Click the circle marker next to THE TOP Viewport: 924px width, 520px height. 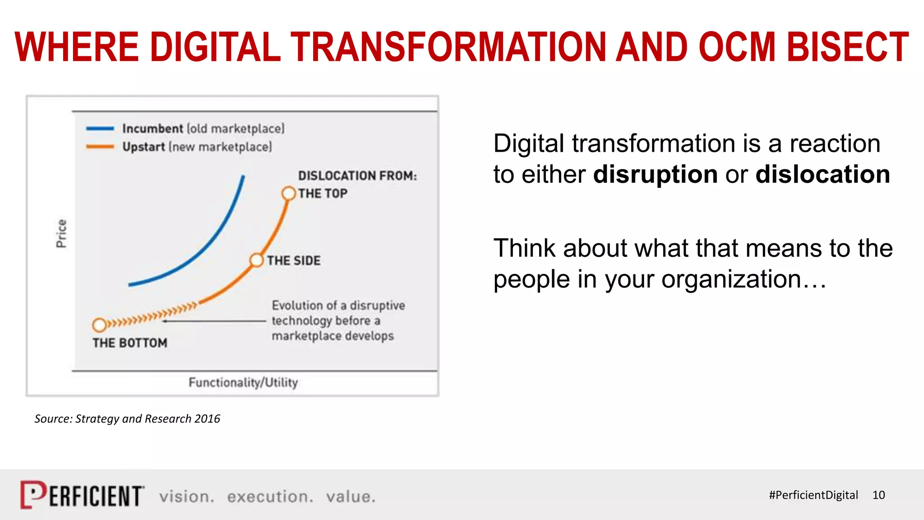pyautogui.click(x=288, y=194)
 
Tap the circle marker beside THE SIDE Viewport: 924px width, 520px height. pyautogui.click(x=256, y=260)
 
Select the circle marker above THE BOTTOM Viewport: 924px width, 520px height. pyautogui.click(x=99, y=325)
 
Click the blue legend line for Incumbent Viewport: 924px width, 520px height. pyautogui.click(x=100, y=129)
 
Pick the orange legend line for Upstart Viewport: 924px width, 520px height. pyautogui.click(x=100, y=147)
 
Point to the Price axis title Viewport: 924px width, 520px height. pyautogui.click(x=61, y=233)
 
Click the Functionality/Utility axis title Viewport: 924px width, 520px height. pyautogui.click(x=243, y=382)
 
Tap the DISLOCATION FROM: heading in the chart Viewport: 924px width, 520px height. pyautogui.click(x=357, y=176)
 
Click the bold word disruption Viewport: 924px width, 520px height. pyautogui.click(x=655, y=174)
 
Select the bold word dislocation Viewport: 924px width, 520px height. pyautogui.click(x=822, y=174)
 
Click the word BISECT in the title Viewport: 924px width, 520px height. pyautogui.click(x=848, y=47)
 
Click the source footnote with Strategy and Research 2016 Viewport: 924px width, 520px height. pyautogui.click(x=127, y=419)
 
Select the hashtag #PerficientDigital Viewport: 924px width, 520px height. pyautogui.click(x=813, y=495)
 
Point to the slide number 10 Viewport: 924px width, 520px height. pyautogui.click(x=878, y=495)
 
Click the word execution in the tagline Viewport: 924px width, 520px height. pyautogui.click(x=270, y=497)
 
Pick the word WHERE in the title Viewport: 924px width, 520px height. pyautogui.click(x=77, y=47)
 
